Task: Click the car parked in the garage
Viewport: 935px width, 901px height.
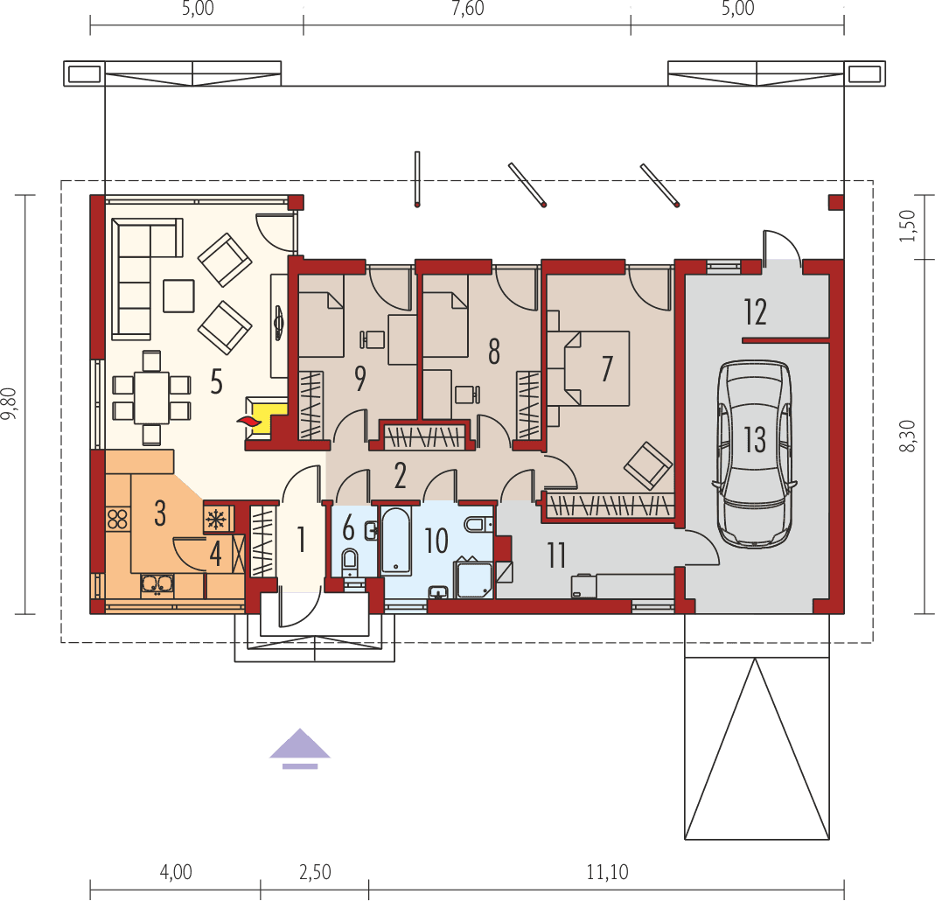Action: [755, 453]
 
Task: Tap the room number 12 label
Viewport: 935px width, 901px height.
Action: [755, 311]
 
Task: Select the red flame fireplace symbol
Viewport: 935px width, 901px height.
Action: [250, 423]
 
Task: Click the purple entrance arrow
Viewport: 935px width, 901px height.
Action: [299, 748]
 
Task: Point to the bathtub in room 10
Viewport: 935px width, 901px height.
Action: [396, 540]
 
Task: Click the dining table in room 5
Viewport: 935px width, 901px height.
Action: [152, 398]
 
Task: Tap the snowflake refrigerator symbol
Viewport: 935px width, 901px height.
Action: [214, 519]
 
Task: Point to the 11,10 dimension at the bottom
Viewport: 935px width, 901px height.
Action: [606, 871]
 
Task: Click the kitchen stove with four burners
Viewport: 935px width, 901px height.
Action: [116, 519]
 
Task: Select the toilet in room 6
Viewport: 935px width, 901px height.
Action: [350, 562]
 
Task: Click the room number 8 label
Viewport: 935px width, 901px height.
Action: [494, 352]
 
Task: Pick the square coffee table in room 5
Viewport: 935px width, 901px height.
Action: [178, 296]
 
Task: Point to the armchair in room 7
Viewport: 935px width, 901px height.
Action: [648, 464]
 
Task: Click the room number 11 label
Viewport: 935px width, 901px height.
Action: [556, 555]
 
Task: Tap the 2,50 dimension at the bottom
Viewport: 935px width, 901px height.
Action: [315, 871]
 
